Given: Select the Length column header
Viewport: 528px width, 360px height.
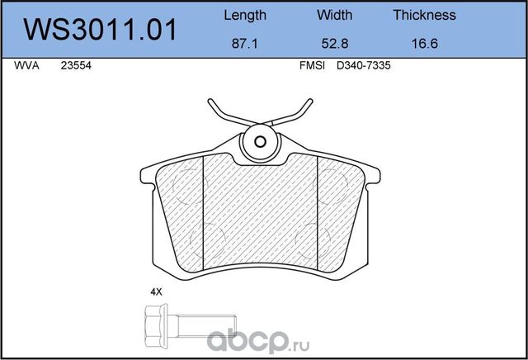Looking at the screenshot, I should coord(245,15).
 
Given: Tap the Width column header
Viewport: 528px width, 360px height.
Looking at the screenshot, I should coord(333,15).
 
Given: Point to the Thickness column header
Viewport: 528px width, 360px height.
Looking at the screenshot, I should coord(424,15).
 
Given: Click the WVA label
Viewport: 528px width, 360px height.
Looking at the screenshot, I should coord(25,69).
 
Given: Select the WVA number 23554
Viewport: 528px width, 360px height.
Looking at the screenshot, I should coord(75,69).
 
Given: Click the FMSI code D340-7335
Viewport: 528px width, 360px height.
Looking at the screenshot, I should coord(362,69).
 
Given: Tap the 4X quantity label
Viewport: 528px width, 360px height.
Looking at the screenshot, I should coord(155,291).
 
